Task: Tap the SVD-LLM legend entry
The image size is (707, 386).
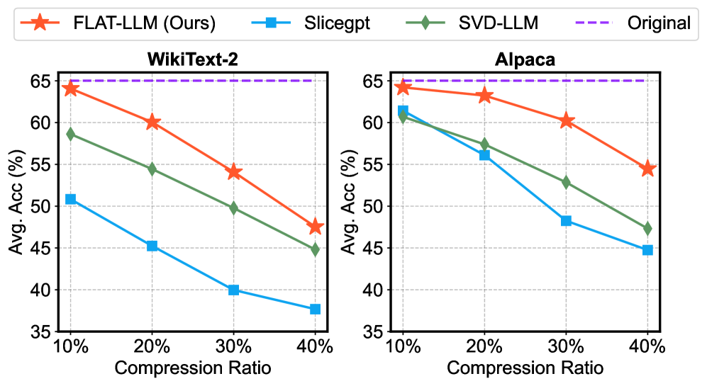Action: click(x=477, y=23)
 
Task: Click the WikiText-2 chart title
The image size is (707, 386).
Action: click(x=193, y=59)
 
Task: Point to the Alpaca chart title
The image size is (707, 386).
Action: click(x=525, y=59)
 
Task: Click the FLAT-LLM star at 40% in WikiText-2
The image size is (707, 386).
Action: click(x=315, y=227)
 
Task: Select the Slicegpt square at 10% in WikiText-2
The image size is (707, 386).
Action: click(x=70, y=199)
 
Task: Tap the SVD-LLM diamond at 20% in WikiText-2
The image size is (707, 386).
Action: click(x=152, y=169)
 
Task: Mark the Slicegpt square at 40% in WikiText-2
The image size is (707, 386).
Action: click(x=315, y=309)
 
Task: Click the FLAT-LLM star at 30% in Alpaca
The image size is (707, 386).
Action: click(x=566, y=121)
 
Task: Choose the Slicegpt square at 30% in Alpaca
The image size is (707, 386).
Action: click(x=566, y=220)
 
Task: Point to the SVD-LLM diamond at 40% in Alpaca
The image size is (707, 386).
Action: click(x=647, y=229)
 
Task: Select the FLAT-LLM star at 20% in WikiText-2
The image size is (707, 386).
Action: click(x=152, y=123)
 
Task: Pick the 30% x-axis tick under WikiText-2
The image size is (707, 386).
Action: click(x=233, y=348)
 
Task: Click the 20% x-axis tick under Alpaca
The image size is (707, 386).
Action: click(x=484, y=348)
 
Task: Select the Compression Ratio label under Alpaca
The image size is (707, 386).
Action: click(x=525, y=369)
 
